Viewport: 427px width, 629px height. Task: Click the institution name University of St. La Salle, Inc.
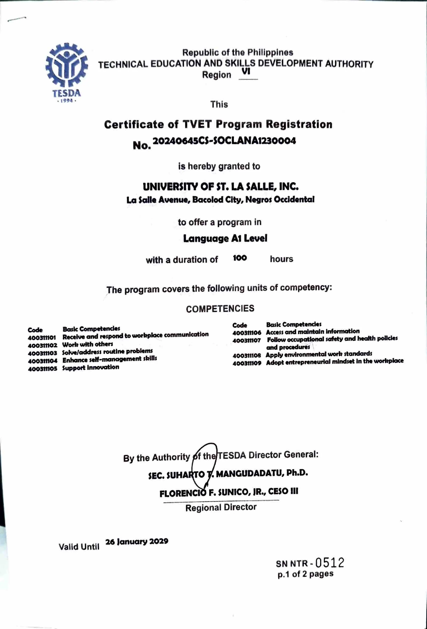[x=221, y=186]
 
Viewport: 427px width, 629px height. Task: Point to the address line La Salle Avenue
[x=220, y=200]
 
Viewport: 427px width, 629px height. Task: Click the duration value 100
[x=240, y=258]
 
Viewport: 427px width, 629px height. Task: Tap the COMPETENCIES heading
[x=220, y=309]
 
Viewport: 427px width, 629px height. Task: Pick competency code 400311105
[x=42, y=369]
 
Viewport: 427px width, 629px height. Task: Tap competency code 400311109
[x=247, y=363]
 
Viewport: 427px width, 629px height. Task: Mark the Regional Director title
[x=221, y=507]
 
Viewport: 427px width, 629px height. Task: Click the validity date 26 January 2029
[x=137, y=541]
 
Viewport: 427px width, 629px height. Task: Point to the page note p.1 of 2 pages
[x=305, y=574]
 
